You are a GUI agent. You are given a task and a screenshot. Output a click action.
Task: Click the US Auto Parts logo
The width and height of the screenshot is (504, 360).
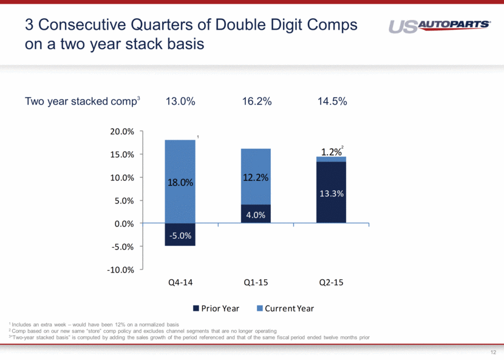point(439,27)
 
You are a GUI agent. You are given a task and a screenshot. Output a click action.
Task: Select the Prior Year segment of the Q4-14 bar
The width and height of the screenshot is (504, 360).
point(180,235)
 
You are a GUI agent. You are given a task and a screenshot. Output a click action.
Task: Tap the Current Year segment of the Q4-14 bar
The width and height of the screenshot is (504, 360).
point(180,182)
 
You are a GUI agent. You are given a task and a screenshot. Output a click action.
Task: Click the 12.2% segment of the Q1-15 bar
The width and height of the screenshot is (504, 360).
point(256,177)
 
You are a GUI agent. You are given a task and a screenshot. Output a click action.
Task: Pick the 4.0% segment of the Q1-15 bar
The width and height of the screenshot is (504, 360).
point(256,214)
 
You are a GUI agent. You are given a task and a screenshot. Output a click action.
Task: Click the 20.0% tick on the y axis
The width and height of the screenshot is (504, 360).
point(122,131)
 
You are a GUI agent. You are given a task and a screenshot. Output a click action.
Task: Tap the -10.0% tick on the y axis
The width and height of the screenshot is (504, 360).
point(121,270)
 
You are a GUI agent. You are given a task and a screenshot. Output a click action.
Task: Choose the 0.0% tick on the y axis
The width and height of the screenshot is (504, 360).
point(123,223)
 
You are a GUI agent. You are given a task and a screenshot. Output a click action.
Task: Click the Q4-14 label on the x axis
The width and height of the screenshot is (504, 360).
point(180,283)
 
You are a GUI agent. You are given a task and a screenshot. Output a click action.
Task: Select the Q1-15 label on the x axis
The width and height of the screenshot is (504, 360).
point(256,283)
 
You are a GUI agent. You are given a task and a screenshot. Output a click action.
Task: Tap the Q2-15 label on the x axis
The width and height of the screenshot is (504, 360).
point(331,283)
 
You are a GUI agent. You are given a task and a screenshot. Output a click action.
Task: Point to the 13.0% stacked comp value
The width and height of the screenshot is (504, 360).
point(180,102)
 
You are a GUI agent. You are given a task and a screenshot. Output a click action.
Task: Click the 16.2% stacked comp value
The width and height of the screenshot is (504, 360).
point(256,102)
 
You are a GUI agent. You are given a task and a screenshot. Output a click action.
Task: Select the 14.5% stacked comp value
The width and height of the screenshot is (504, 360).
point(332,102)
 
